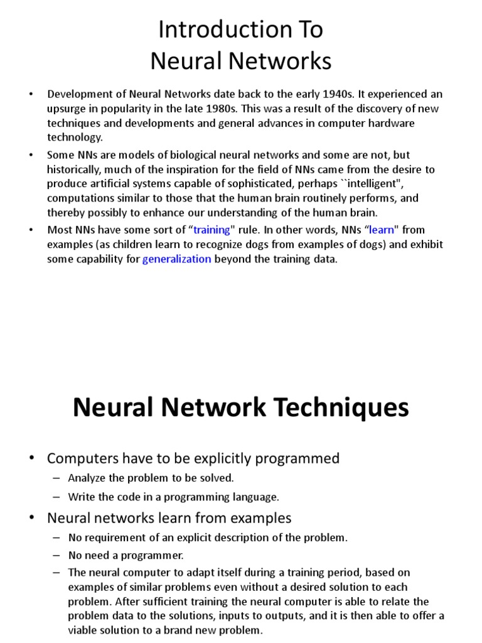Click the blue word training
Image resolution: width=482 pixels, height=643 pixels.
pyautogui.click(x=212, y=230)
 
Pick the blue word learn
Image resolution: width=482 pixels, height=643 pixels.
pyautogui.click(x=382, y=230)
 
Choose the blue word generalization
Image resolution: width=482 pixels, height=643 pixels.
pyautogui.click(x=177, y=259)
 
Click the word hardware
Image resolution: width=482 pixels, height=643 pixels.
pyautogui.click(x=390, y=123)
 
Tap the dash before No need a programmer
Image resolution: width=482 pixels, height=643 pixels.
pyautogui.click(x=56, y=555)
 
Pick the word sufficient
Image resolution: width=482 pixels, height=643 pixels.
pyautogui.click(x=166, y=601)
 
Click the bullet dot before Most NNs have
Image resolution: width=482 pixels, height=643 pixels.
pyautogui.click(x=30, y=230)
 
